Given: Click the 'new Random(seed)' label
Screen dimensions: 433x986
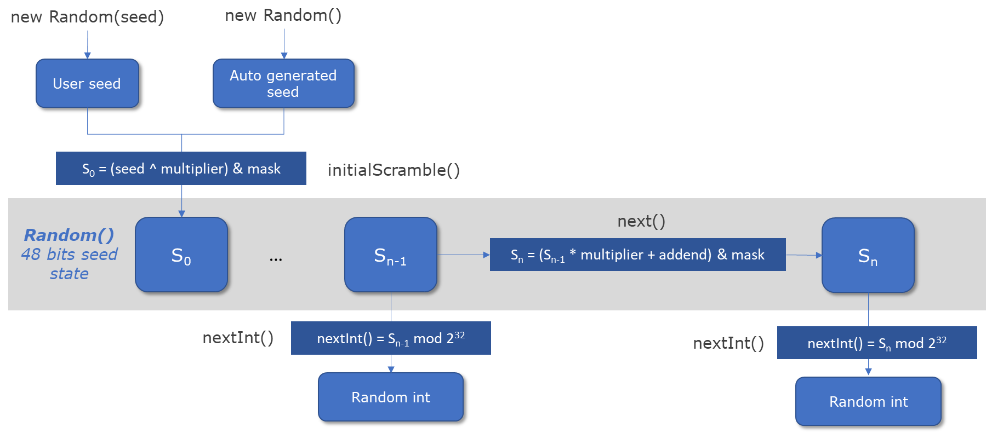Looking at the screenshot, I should coord(87,17).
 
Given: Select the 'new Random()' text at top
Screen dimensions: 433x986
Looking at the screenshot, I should coord(283,15).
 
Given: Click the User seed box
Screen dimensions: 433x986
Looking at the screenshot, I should coord(87,83).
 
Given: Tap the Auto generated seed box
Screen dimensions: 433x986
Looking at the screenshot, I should coord(283,83).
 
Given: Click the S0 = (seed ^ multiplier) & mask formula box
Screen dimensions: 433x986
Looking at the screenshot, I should coord(181,169).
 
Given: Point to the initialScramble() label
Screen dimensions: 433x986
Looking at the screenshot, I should coord(393,170).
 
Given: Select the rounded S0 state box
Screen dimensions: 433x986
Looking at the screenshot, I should coord(181,255).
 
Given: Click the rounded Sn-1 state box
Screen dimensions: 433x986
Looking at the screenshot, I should coord(390,255).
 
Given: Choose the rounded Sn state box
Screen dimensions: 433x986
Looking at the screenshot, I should coord(868,255).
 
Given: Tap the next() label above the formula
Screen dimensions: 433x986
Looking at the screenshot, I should coord(641,221).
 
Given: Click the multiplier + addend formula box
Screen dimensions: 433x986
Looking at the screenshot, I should coord(637,255).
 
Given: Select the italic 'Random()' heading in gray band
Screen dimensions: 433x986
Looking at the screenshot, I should coord(69,235).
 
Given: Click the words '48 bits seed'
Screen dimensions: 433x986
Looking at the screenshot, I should coord(69,255).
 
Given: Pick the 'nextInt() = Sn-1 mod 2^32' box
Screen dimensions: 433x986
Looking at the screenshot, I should coord(391,338).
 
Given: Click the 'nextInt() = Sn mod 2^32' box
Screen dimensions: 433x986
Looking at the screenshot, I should coord(876,343).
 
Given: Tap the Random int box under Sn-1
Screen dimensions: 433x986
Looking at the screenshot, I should coord(391,397).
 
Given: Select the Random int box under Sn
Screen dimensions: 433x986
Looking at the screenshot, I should coord(868,401).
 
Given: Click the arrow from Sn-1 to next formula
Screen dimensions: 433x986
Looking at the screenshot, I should coord(463,255).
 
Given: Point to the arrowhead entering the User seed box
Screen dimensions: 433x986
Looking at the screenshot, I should coord(87,55).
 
